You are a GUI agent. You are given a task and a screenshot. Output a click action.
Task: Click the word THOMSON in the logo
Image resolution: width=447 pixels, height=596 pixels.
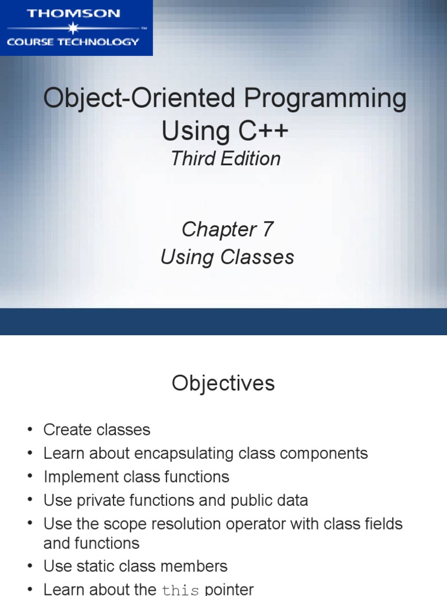(73, 13)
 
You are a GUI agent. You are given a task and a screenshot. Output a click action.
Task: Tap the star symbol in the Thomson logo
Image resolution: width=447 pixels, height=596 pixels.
(72, 27)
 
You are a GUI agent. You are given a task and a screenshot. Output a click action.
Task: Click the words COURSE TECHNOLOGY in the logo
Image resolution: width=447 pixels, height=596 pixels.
(73, 42)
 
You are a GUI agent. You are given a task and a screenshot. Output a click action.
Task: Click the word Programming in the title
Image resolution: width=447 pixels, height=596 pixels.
(325, 99)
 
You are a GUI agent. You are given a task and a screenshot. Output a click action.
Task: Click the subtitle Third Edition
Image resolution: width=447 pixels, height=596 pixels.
(225, 159)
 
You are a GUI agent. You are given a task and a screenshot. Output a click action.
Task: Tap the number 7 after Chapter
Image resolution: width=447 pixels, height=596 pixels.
(267, 229)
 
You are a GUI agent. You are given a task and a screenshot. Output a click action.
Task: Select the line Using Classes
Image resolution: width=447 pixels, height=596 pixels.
(227, 257)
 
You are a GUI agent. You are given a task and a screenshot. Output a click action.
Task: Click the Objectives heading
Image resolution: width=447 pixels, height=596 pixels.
(223, 384)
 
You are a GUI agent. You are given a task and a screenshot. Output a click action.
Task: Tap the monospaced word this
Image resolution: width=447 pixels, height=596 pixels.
(180, 590)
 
